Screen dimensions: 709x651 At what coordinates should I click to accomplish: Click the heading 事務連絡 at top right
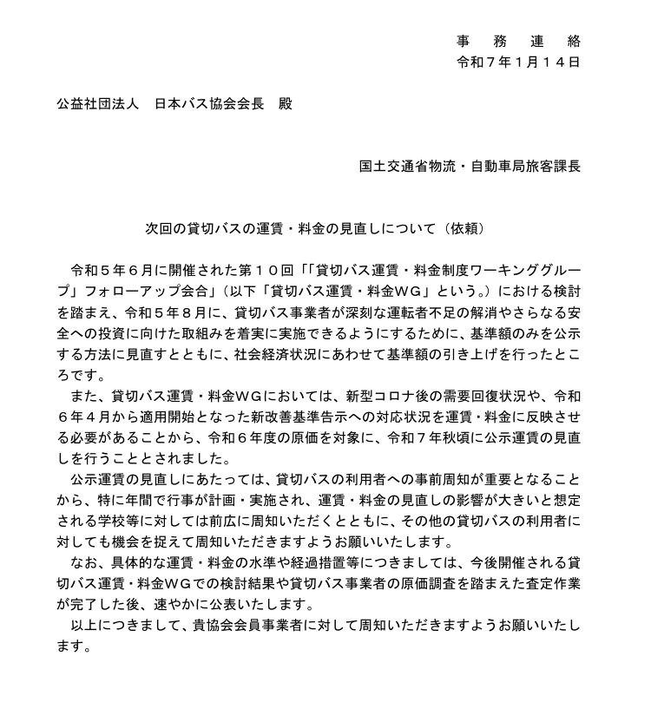pyautogui.click(x=518, y=42)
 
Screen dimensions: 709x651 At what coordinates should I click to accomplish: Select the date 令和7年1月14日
pyautogui.click(x=518, y=62)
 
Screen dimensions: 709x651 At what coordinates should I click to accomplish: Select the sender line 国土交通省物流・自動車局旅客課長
pyautogui.click(x=470, y=166)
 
